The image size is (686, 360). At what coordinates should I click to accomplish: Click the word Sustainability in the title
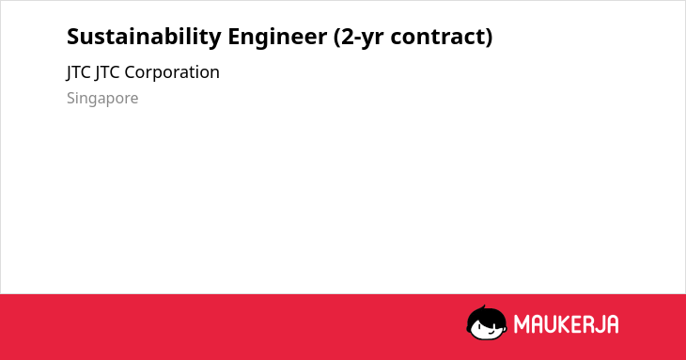pos(144,37)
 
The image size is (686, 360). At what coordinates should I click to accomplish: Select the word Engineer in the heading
pos(277,37)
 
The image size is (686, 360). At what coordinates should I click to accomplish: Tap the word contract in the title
pos(438,37)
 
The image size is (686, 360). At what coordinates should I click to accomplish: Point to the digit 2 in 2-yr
pos(349,37)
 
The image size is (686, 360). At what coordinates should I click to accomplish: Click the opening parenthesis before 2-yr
pos(336,38)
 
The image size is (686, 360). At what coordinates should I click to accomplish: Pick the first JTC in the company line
pos(78,72)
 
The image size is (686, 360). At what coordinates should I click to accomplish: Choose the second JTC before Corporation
pos(107,72)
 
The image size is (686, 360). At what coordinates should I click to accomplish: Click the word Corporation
pos(172,72)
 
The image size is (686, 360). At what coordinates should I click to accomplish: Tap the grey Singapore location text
pos(102,99)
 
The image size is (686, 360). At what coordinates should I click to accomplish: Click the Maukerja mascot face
pos(487,322)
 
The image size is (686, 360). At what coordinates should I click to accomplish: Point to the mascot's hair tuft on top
pos(483,308)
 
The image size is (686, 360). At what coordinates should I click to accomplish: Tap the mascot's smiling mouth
pos(491,332)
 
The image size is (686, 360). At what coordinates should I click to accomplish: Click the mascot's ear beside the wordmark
pos(505,324)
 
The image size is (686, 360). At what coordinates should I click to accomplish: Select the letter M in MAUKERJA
pos(522,324)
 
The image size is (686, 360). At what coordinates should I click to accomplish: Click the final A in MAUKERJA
pos(613,324)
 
